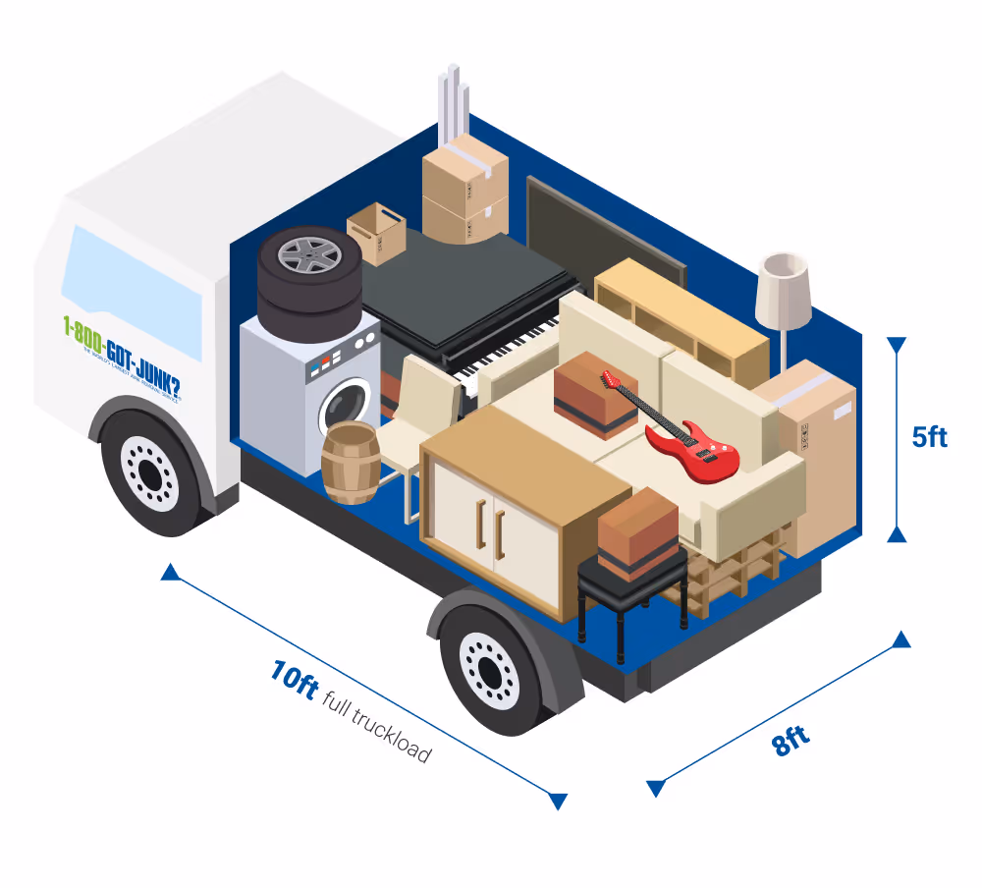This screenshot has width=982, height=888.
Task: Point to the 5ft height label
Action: (929, 436)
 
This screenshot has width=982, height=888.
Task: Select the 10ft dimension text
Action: (294, 679)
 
